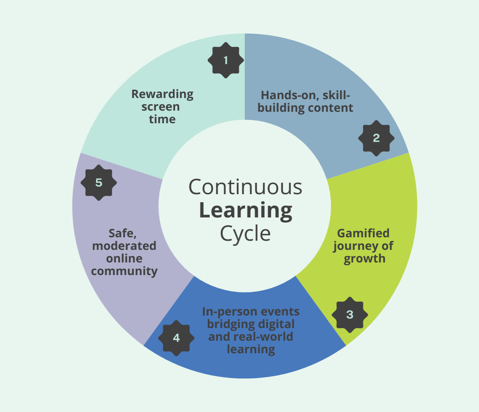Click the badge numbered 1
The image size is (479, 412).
[x=226, y=60]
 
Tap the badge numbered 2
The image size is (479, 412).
[x=376, y=138]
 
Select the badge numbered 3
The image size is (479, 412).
[x=350, y=315]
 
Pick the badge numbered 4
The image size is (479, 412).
[x=176, y=338]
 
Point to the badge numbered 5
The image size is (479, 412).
[x=99, y=183]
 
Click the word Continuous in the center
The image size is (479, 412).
[x=245, y=187]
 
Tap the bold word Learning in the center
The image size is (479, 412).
[x=246, y=211]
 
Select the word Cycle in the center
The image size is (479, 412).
[x=245, y=233]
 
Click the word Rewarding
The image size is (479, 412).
[x=162, y=94]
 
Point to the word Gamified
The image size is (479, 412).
[x=363, y=233]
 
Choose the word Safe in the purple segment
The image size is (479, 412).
[x=122, y=233]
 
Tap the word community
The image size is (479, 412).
[x=124, y=271]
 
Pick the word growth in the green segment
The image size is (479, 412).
[x=365, y=259]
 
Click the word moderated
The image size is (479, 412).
[x=124, y=246]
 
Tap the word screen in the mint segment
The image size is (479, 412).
[x=161, y=107]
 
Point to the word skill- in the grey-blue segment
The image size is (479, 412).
[x=336, y=95]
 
